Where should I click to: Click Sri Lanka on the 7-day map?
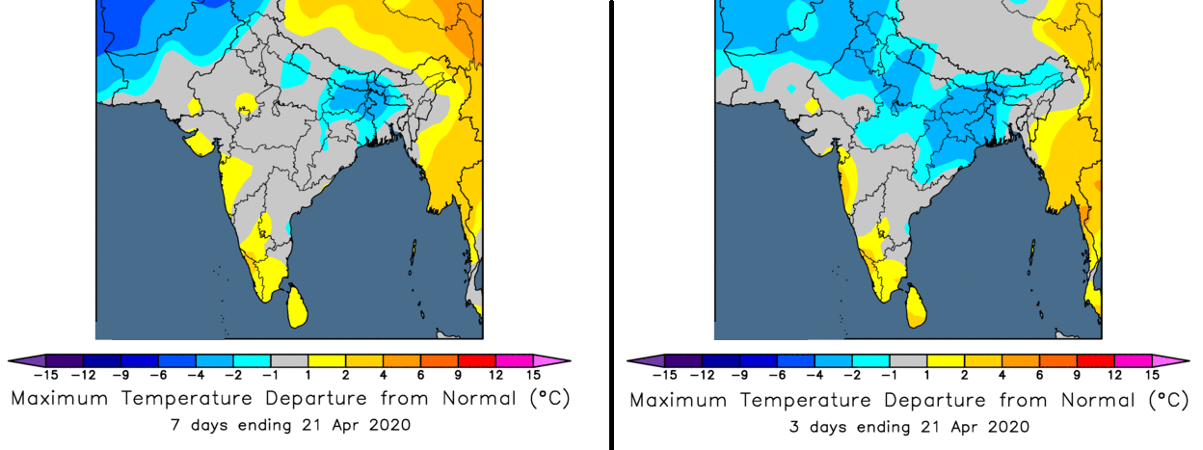coord(298,306)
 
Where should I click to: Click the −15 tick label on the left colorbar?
coord(45,376)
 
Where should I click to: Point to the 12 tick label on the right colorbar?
coord(1115,376)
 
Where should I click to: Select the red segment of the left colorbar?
coord(477,360)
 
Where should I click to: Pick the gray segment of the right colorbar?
coord(908,360)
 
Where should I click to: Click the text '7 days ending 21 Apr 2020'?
coord(290,425)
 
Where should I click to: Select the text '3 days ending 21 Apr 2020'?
coord(909,427)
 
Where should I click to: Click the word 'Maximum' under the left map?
coord(60,399)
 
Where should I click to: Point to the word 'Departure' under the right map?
coord(935,400)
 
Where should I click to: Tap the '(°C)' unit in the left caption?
coord(550,399)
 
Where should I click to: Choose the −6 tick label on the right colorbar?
coord(777,376)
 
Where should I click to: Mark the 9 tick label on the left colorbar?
coord(458,376)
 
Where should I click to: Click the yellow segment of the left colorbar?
coord(327,360)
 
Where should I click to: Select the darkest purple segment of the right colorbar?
coord(683,360)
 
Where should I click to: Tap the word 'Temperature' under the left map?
coord(186,399)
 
